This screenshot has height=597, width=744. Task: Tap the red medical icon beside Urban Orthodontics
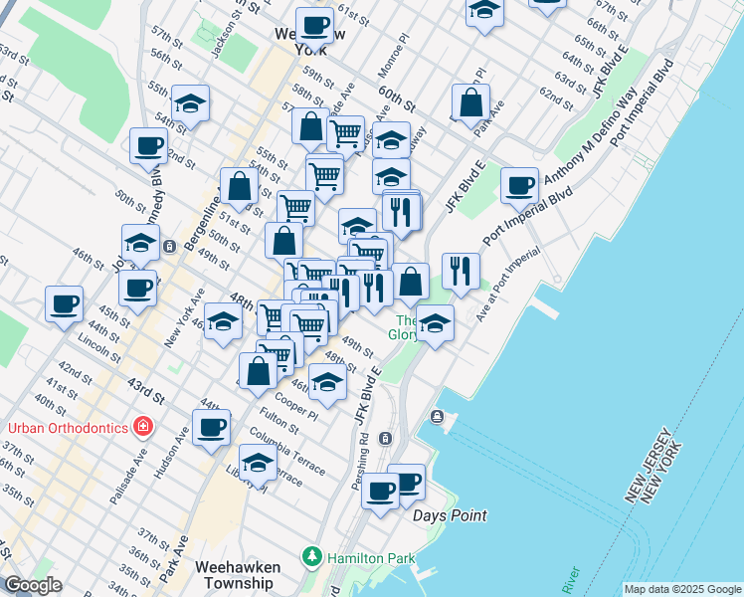click(x=144, y=427)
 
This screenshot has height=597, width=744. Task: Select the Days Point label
click(x=450, y=515)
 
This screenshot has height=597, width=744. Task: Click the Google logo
click(x=33, y=585)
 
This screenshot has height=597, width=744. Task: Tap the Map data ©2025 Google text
click(x=682, y=589)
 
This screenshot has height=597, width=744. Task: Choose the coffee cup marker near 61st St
click(x=314, y=24)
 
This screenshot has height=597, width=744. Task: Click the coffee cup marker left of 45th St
click(x=64, y=302)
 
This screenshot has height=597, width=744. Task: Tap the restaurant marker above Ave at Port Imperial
click(x=461, y=269)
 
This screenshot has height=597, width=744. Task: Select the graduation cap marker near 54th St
click(x=189, y=103)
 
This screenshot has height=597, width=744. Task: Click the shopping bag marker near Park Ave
click(x=470, y=101)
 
